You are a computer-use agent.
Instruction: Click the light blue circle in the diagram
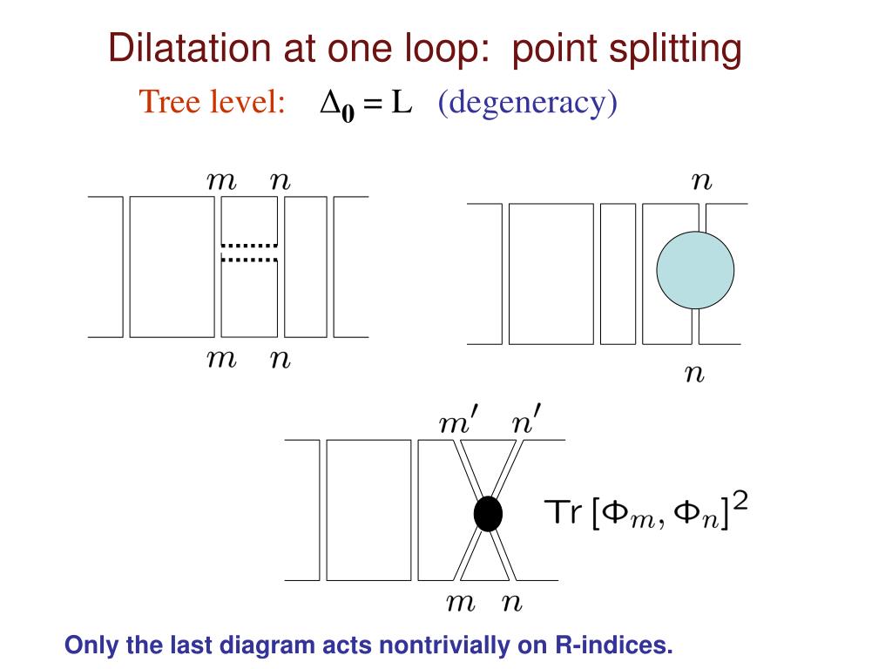point(695,270)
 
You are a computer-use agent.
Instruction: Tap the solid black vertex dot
point(488,513)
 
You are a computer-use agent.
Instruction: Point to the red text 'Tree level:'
point(213,103)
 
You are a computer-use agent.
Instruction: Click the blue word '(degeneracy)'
point(527,103)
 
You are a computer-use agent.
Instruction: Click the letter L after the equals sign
point(401,103)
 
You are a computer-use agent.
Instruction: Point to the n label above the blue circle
point(701,182)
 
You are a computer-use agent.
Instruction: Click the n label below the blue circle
point(694,375)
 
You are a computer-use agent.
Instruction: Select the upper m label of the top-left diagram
point(221,181)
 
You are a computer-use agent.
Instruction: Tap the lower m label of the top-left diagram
point(221,359)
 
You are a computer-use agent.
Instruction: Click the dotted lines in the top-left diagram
point(249,252)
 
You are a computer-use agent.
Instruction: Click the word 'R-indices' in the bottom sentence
point(614,645)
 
